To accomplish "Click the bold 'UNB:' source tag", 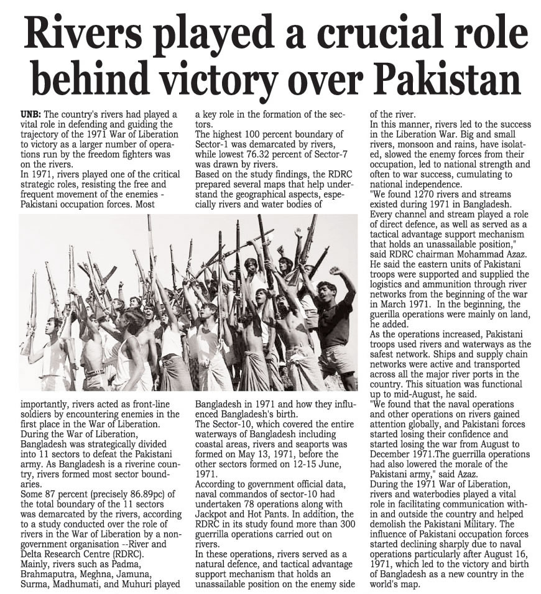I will pyautogui.click(x=31, y=114).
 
